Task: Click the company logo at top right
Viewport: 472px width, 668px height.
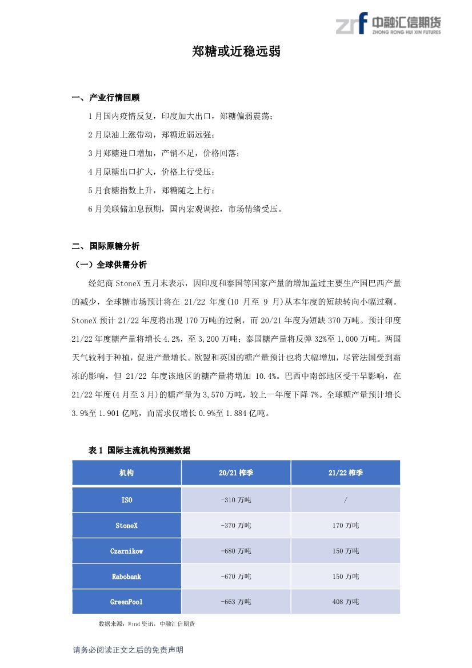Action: click(389, 25)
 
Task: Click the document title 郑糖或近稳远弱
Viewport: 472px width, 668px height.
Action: click(236, 52)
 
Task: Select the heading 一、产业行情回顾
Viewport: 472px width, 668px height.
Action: click(106, 98)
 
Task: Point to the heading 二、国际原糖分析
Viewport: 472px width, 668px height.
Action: click(106, 246)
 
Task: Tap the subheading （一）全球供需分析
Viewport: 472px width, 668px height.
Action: click(111, 265)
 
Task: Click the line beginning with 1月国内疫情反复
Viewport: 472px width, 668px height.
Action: click(181, 117)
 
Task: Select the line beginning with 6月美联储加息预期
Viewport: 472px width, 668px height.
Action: click(185, 209)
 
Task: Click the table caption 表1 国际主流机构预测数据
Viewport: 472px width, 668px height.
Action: click(139, 450)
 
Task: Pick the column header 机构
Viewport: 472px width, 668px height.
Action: click(127, 473)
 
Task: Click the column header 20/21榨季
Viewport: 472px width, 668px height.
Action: click(236, 473)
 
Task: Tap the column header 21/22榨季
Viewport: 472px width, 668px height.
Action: click(346, 473)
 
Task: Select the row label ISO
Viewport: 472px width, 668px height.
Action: click(127, 500)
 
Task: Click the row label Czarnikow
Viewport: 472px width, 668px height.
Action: click(127, 551)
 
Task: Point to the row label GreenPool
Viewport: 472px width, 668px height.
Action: click(127, 602)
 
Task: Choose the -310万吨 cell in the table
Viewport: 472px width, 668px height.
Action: click(236, 500)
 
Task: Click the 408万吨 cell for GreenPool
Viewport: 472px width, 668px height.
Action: click(346, 602)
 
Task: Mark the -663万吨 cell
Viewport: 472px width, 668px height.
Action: click(236, 602)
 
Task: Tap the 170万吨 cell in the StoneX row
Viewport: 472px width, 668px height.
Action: click(346, 526)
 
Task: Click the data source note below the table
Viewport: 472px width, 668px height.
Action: click(146, 623)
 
